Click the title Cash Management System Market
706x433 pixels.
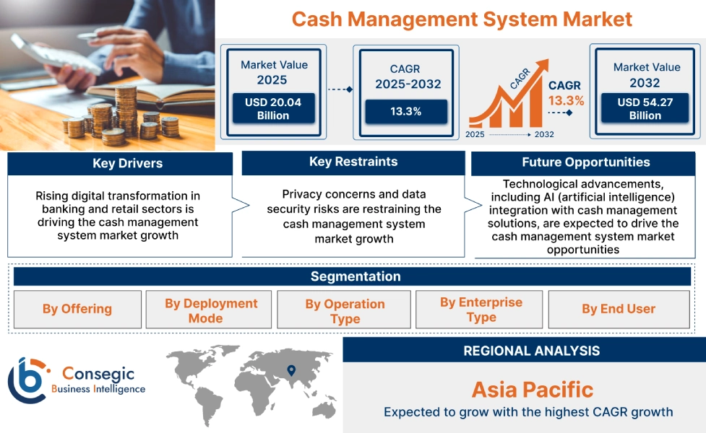(462, 19)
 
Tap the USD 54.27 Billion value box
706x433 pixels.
(645, 109)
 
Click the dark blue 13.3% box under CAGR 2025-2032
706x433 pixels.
(406, 111)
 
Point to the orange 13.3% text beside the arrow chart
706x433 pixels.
(566, 100)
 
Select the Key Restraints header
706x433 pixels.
(353, 162)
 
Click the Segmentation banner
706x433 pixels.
(355, 276)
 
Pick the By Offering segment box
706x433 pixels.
(77, 309)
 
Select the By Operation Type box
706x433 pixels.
(345, 311)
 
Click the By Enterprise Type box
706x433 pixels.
(481, 310)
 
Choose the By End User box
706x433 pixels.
(618, 309)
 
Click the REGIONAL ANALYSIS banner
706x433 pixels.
(531, 351)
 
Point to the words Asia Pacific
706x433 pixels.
(532, 390)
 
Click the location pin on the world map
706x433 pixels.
(291, 370)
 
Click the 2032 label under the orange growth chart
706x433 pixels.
(544, 134)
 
